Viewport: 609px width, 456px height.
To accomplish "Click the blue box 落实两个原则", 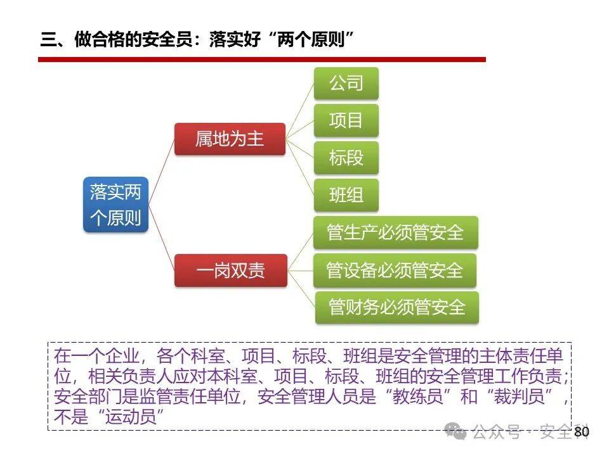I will pyautogui.click(x=115, y=205).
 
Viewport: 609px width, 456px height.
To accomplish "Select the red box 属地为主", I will pyautogui.click(x=229, y=139).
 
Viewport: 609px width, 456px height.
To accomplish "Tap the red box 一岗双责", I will pyautogui.click(x=230, y=271).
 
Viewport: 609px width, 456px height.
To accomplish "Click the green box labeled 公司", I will pyautogui.click(x=346, y=83).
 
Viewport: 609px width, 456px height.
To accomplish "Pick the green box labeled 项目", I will pyautogui.click(x=346, y=120).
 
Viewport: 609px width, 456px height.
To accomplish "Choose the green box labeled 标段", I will pyautogui.click(x=346, y=158).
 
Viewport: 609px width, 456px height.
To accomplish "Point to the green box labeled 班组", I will pyautogui.click(x=346, y=195).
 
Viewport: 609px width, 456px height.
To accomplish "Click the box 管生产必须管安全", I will pyautogui.click(x=395, y=232).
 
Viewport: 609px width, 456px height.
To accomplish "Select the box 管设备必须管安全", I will pyautogui.click(x=395, y=270).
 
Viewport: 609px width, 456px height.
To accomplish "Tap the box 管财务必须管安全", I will pyautogui.click(x=396, y=308).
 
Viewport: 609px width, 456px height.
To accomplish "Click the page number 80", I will pyautogui.click(x=581, y=432).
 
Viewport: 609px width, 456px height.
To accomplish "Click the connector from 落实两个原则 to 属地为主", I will pyautogui.click(x=162, y=171).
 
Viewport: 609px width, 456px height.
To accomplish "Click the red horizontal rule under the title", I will pyautogui.click(x=261, y=59).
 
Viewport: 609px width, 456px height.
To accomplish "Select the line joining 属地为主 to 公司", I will pyautogui.click(x=299, y=111).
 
